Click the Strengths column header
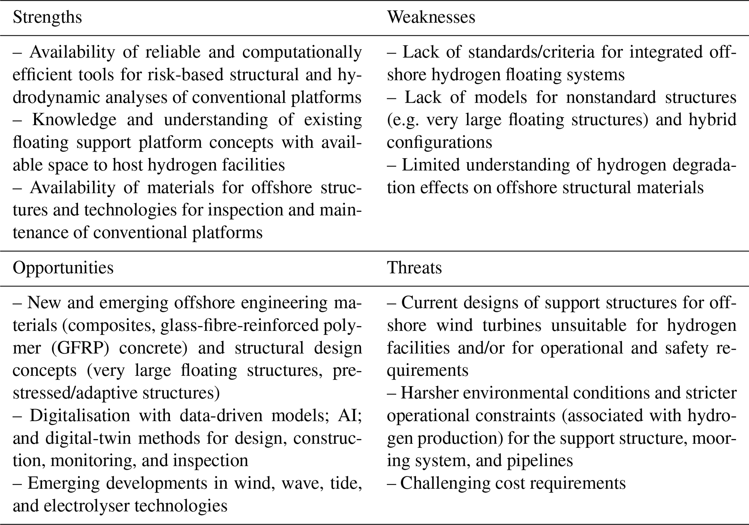47,17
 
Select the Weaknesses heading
431,17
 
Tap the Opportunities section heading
63,268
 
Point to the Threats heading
414,268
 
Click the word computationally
302,52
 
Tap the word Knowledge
74,120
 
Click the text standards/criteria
531,52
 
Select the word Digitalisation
80,415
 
